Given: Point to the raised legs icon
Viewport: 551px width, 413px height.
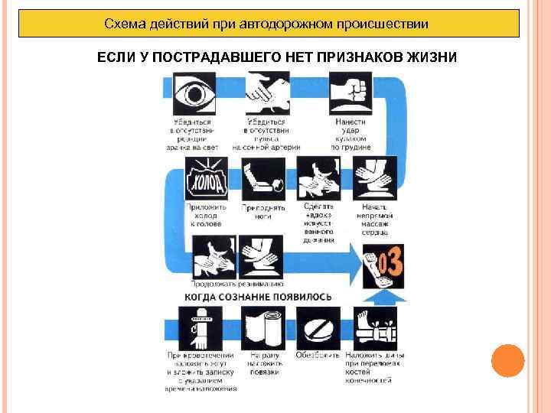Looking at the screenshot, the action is tap(262, 179).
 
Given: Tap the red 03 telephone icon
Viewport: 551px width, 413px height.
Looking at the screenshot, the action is tap(383, 265).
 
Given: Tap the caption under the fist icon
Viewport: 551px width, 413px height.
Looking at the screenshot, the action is tap(350, 134).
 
